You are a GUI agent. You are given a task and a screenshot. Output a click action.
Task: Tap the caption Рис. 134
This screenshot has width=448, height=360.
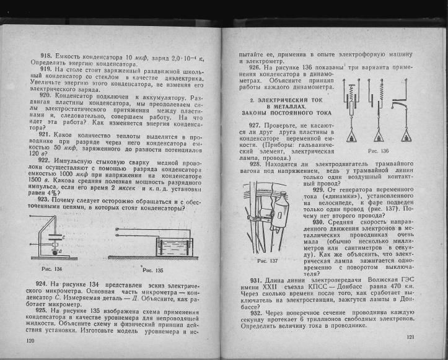(51, 269)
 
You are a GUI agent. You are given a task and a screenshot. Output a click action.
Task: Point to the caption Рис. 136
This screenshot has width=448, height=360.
(378, 151)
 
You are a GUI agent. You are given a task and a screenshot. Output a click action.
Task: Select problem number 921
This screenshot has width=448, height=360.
(47, 134)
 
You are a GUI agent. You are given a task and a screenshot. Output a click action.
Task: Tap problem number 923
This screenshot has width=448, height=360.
(47, 200)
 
